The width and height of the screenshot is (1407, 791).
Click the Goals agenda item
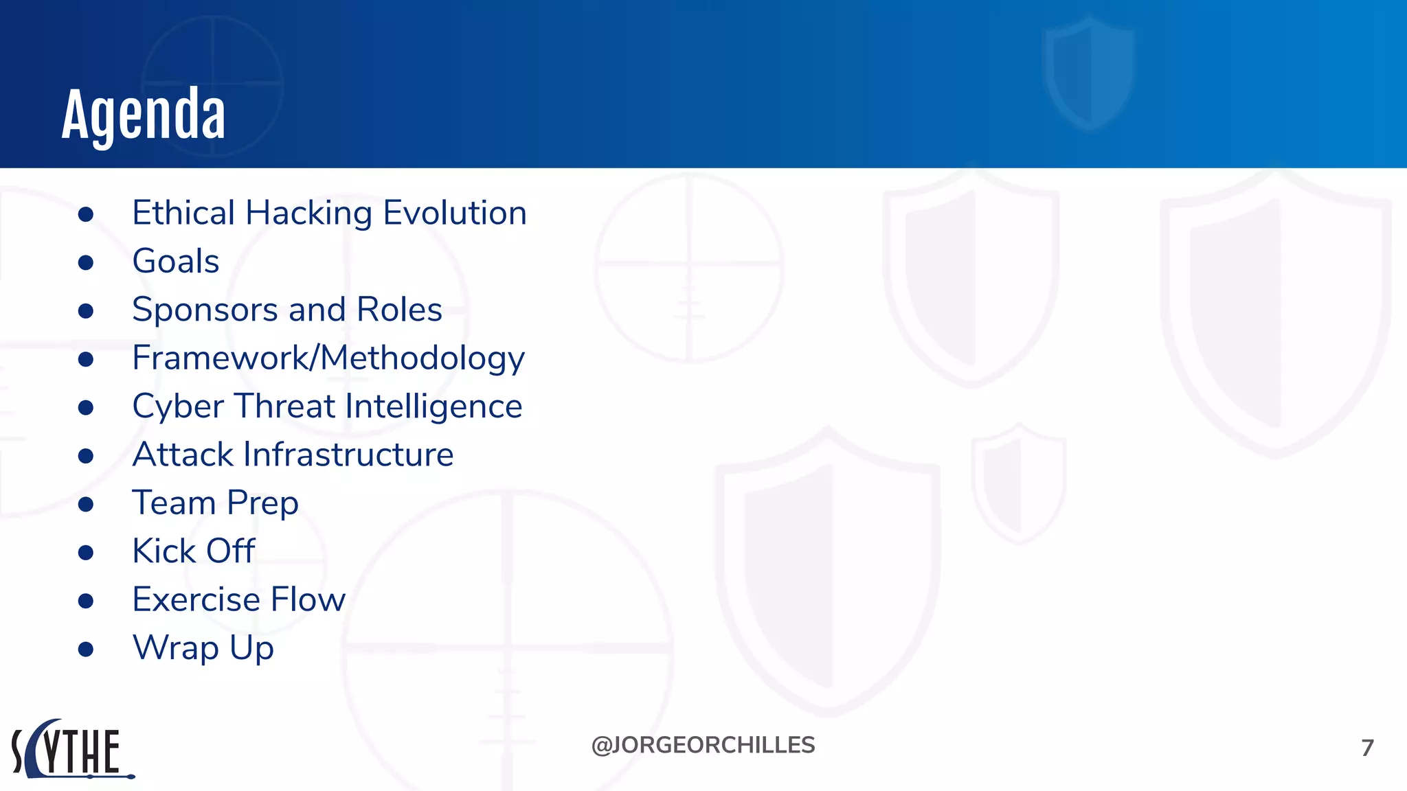pos(176,262)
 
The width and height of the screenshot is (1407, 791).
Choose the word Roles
pos(399,310)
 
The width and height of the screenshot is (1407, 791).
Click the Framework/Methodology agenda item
pos(328,358)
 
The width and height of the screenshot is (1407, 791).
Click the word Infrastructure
pos(349,455)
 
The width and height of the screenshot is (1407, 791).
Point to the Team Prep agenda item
pos(215,503)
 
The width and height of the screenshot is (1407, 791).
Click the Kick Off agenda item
pos(194,551)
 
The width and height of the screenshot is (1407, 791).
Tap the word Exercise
pos(196,599)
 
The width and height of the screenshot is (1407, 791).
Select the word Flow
pos(308,599)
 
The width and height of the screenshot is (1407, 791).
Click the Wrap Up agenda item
pos(203,648)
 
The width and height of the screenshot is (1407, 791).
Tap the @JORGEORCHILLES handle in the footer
pos(703,745)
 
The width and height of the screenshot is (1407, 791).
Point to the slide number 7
pos(1367,748)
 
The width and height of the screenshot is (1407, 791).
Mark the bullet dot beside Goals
pos(86,263)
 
